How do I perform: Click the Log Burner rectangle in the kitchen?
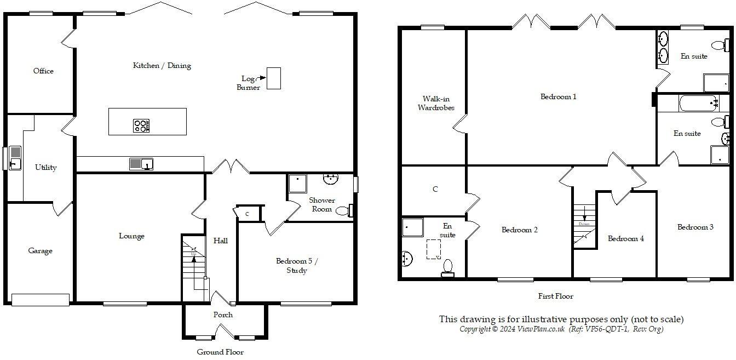(x=273, y=78)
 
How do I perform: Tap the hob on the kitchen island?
(x=141, y=126)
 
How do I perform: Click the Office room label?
(x=43, y=71)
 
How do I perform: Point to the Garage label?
(x=40, y=251)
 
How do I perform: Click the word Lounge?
(x=131, y=236)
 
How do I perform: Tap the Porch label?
(x=223, y=315)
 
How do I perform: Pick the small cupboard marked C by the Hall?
(x=247, y=214)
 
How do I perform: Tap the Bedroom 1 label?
(x=558, y=97)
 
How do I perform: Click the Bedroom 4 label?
(x=625, y=238)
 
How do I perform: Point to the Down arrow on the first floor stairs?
(x=585, y=214)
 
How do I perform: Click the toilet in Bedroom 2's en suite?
(x=448, y=266)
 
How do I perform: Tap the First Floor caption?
(x=555, y=296)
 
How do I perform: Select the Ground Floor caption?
(x=220, y=352)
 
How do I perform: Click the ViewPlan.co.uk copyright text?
(x=561, y=329)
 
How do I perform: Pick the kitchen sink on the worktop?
(x=141, y=163)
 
